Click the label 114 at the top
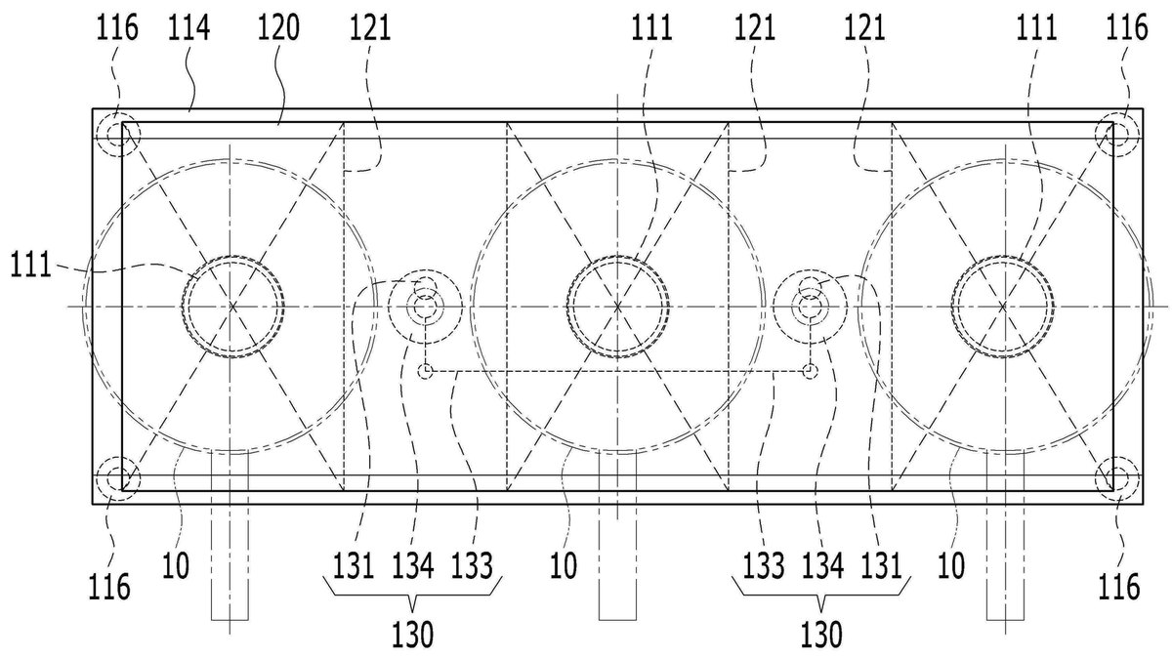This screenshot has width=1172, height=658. [188, 27]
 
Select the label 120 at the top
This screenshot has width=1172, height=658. [278, 27]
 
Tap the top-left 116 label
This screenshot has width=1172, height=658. [117, 27]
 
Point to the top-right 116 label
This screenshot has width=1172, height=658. [1126, 27]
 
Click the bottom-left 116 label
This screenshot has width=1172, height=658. [108, 587]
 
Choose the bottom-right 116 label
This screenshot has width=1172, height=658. [1118, 587]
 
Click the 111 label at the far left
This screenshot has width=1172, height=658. [31, 266]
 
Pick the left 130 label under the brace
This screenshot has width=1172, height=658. [413, 636]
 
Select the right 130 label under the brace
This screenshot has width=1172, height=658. [821, 636]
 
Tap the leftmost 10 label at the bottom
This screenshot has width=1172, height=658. [176, 566]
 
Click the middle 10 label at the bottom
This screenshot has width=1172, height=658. [564, 566]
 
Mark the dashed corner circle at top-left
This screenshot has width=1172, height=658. [119, 135]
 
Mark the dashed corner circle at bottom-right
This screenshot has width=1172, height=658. [1117, 478]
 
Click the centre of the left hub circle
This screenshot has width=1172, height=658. [232, 306]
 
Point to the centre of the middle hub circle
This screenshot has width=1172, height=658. [618, 306]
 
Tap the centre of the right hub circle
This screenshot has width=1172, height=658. [1003, 306]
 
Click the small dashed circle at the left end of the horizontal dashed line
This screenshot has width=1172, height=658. [426, 371]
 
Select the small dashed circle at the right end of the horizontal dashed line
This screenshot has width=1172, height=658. [810, 371]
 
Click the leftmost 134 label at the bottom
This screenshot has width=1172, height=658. [413, 566]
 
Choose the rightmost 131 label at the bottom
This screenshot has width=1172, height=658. [882, 566]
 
